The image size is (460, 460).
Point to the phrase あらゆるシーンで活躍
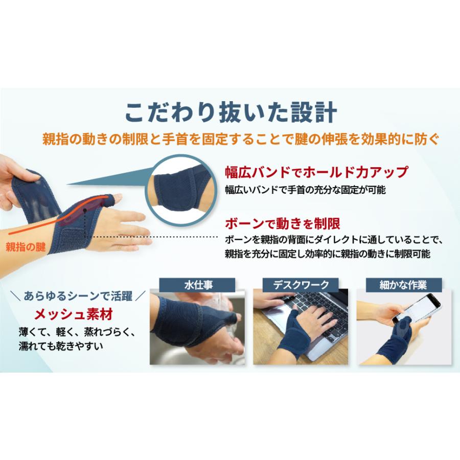coord(78,296)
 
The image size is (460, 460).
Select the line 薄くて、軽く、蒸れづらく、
coord(75,331)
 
